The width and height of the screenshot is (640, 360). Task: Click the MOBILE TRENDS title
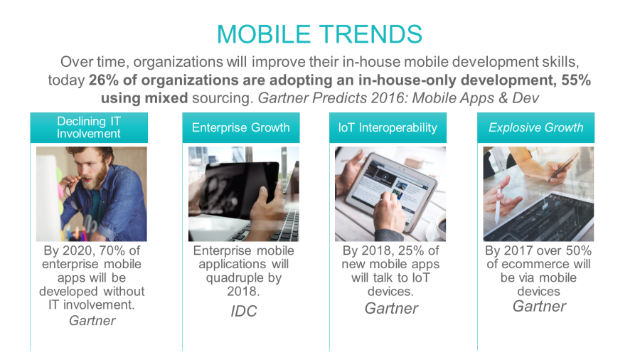point(319,34)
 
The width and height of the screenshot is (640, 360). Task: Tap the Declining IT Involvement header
point(89,127)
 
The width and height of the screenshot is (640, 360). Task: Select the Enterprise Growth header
point(241,127)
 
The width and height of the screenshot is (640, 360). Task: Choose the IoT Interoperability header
point(388,127)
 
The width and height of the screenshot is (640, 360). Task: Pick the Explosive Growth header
point(536,127)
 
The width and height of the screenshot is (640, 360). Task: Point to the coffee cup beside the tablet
point(440,226)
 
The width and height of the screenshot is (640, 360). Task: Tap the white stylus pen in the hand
point(497,206)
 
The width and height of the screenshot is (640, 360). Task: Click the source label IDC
point(244,312)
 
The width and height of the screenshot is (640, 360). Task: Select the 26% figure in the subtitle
point(104,80)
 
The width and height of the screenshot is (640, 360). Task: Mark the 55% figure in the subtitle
point(576,80)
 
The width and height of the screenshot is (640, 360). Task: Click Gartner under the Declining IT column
point(92,321)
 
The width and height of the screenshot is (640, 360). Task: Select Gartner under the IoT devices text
point(391,309)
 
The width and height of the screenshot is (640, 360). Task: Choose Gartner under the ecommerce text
point(539,306)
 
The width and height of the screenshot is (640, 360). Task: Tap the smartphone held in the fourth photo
point(563,166)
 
